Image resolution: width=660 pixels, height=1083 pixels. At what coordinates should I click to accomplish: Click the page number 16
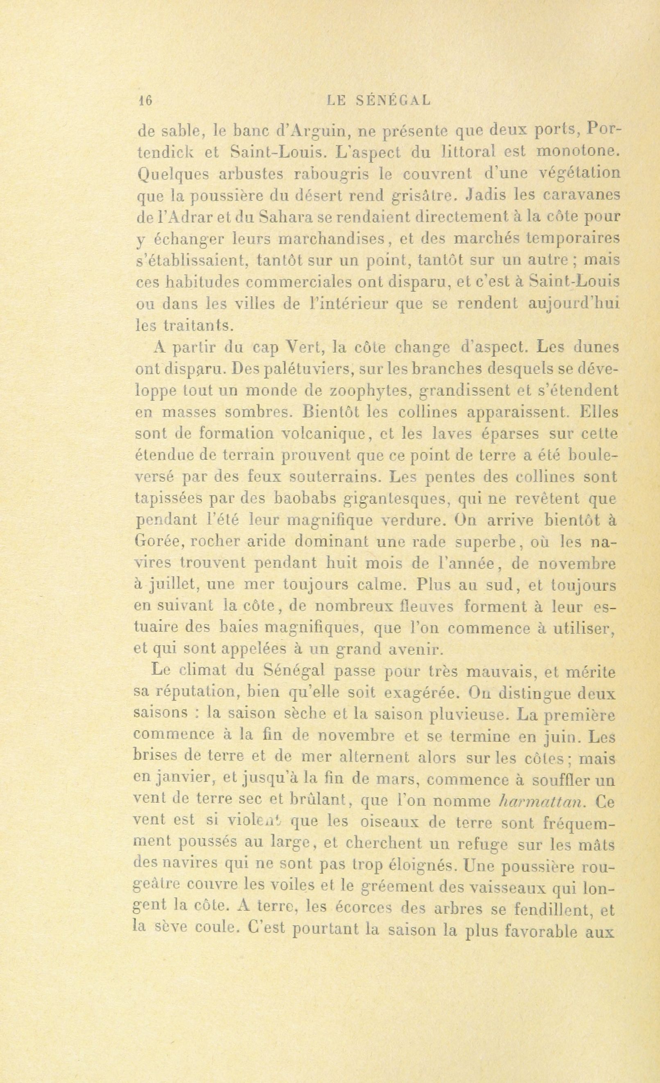point(145,101)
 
